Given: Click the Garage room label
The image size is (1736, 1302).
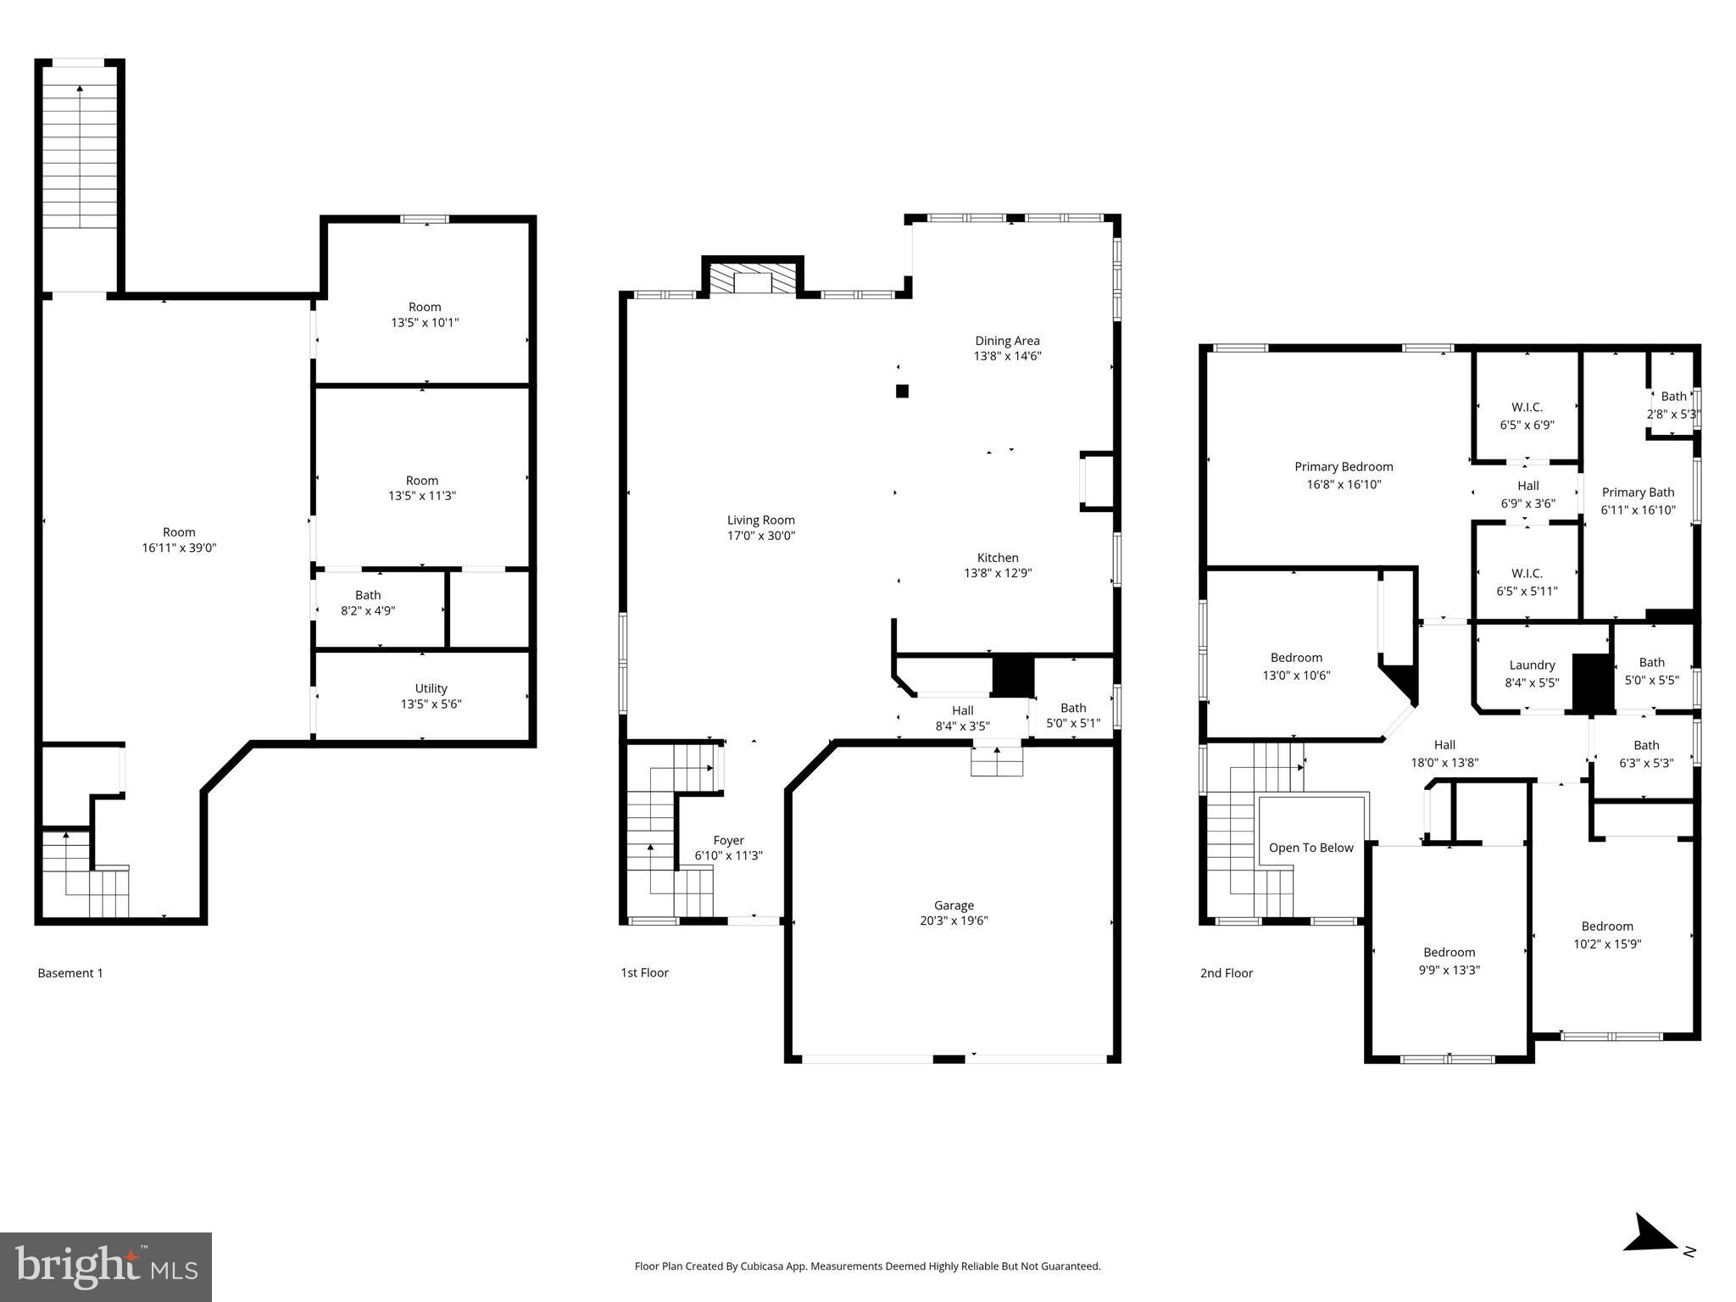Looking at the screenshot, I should pos(954,905).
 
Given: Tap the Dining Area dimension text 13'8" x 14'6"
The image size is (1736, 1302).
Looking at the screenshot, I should pos(1007,357).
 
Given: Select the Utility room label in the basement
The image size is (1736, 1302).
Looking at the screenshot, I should pos(431,688).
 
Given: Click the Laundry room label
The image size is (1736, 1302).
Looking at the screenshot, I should pos(1532,665).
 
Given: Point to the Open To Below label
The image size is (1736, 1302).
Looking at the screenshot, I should pos(1310,848).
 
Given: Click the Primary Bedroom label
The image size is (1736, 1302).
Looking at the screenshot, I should pos(1344,467).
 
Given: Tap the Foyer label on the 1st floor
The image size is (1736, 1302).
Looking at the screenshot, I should pos(728,841).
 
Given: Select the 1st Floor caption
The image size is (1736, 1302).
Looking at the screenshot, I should pos(644,973).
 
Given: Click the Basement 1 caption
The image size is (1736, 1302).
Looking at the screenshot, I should pos(70,973).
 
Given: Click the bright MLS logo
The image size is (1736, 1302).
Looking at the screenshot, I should pos(106,1267).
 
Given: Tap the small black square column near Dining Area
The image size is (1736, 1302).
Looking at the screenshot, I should pos(902,391).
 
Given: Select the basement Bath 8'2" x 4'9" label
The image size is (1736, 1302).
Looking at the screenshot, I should pos(367,595).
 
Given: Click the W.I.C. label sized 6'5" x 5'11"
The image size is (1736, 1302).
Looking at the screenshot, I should pos(1527,574).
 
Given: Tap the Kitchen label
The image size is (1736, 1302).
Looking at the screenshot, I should pos(998,558).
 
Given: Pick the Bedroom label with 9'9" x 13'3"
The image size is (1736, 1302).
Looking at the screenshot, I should pos(1449,953).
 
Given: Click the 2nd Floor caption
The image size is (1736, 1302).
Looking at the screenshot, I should pos(1226,973).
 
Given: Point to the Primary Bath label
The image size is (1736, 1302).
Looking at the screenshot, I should pos(1638,492).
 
